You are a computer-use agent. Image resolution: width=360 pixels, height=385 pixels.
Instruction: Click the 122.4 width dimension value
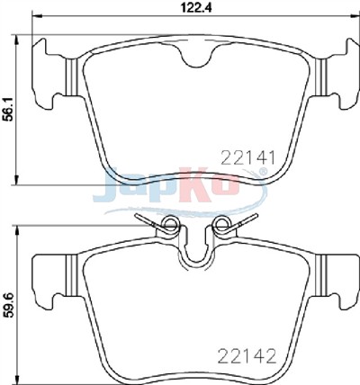[x=196, y=7]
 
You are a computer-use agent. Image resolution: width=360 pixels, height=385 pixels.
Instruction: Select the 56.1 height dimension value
[x=9, y=110]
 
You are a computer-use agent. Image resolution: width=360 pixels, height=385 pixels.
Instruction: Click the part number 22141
[x=247, y=157]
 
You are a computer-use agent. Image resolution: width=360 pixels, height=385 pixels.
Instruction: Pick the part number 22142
[x=247, y=356]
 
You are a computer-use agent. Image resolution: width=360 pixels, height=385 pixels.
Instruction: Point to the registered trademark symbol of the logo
[x=263, y=172]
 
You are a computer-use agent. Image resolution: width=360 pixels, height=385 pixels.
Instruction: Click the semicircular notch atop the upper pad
[x=196, y=56]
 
